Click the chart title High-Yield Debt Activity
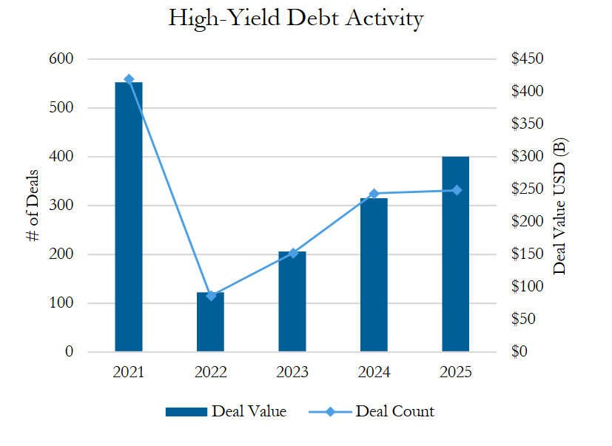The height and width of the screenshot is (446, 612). click(296, 19)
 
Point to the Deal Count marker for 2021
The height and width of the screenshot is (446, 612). click(129, 79)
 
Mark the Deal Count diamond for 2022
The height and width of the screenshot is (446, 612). click(211, 296)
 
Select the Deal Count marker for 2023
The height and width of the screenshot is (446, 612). click(293, 253)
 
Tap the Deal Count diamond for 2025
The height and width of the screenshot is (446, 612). click(457, 190)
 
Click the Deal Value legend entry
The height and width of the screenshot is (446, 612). click(226, 411)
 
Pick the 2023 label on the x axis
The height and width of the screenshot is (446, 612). click(292, 372)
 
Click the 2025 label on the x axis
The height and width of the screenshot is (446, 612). click(456, 372)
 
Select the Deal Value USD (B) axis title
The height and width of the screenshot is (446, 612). click(560, 206)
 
